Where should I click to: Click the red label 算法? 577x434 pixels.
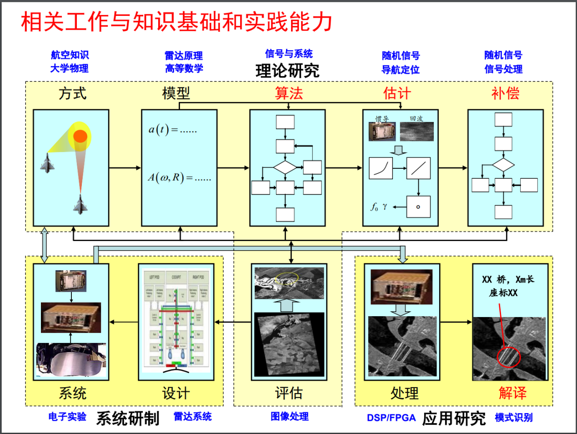pos(289,94)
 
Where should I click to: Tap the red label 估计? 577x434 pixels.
pos(397,94)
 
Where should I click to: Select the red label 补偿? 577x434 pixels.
pos(505,94)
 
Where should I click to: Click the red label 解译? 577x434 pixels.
pos(512,393)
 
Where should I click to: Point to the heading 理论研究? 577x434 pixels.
pos(287,71)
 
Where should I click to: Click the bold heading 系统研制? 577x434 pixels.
pos(128,418)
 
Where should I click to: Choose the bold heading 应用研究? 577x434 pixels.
pos(454,418)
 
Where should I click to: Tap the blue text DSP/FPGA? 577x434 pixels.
pos(391,418)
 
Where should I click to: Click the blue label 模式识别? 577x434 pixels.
pos(514,418)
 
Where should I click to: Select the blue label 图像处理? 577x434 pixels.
pos(290,416)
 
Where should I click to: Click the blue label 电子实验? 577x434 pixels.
pos(67,417)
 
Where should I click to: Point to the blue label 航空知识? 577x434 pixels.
pos(70,55)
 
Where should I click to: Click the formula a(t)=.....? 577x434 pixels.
pos(172,130)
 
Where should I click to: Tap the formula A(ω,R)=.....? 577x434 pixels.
pos(179,177)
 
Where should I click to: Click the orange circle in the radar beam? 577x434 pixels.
pos(80,136)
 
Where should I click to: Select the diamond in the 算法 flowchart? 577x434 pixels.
pos(285,167)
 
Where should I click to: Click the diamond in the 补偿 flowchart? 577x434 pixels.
pos(503,165)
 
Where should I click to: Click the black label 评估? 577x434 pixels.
pos(289,393)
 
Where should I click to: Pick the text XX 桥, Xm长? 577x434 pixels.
pos(508,279)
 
